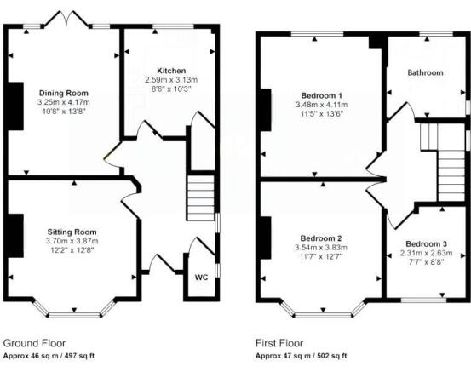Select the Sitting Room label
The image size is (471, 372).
(x=72, y=232)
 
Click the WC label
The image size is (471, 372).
(x=201, y=278)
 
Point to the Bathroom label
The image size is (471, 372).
(x=425, y=73)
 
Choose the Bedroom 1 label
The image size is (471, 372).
(x=321, y=94)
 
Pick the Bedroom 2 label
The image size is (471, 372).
(x=321, y=238)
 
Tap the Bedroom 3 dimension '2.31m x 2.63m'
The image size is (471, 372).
(x=425, y=253)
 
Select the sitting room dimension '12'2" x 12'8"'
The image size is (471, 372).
(x=72, y=250)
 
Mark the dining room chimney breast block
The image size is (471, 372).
(x=14, y=106)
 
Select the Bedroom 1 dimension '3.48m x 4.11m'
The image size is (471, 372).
(x=321, y=104)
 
